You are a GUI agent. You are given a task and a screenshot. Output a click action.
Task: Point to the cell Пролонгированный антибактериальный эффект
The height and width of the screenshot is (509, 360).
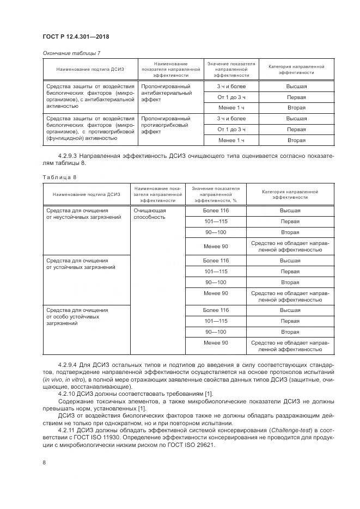(x=166, y=94)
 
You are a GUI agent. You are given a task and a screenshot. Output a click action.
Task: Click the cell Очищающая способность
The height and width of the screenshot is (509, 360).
(x=150, y=213)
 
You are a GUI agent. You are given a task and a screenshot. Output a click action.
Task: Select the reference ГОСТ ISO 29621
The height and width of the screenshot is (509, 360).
(x=188, y=444)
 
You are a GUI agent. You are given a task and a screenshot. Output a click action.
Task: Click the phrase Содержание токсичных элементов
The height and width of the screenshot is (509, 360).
(x=102, y=401)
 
